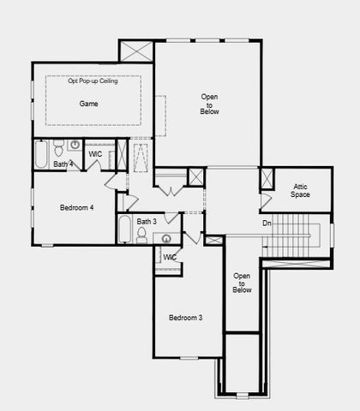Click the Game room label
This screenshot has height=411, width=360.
[x=89, y=104]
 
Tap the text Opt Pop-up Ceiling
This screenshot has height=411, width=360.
[x=93, y=80]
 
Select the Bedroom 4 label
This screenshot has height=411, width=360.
[x=77, y=207]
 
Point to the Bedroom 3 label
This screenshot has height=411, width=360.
[x=185, y=318]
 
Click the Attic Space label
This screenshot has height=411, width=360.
[x=300, y=191]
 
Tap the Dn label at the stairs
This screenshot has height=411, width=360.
[x=267, y=224]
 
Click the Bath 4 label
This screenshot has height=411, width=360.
[x=63, y=163]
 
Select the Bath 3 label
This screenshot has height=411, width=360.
[x=147, y=222]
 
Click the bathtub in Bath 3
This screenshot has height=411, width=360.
[x=125, y=231]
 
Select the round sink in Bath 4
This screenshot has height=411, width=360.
[x=75, y=146]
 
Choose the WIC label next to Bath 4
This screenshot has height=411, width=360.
[x=96, y=156]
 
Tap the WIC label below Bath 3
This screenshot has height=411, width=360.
[x=170, y=257]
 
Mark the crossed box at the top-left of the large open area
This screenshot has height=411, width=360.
[x=136, y=51]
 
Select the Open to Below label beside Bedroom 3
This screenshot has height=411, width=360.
[x=243, y=283]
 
